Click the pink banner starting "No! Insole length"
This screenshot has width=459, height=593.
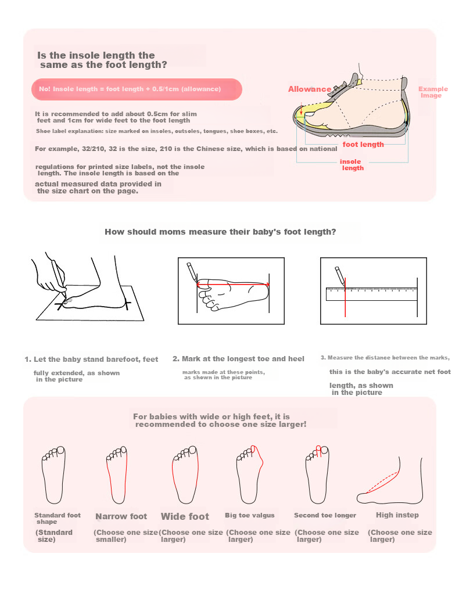tap(137, 89)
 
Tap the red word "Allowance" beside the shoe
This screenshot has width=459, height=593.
tap(310, 89)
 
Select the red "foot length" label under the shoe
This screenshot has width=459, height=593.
tap(363, 145)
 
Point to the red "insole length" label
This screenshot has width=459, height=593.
tap(352, 165)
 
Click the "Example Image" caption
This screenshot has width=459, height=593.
tap(433, 92)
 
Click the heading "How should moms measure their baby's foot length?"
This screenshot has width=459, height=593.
tap(220, 232)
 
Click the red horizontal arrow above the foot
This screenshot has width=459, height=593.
tap(233, 285)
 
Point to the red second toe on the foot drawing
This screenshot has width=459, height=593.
tap(318, 451)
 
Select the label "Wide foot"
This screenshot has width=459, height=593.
tap(185, 516)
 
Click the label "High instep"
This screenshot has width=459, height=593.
tap(397, 515)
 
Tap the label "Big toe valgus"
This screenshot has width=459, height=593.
tap(250, 515)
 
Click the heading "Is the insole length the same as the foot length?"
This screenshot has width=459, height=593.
tap(102, 60)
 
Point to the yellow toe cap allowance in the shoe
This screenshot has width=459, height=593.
tap(309, 114)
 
